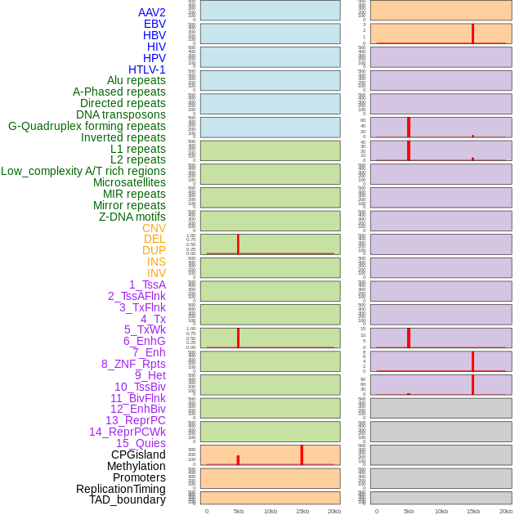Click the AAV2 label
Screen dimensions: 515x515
coord(151,12)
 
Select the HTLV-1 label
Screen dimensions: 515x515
coord(146,69)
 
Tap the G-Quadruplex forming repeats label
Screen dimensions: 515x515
coord(87,126)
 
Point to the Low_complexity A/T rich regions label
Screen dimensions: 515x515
coord(83,171)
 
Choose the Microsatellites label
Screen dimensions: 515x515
coord(129,182)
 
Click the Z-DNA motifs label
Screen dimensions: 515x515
coord(132,217)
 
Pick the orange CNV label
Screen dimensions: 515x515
coord(154,228)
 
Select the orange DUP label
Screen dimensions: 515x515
coord(154,250)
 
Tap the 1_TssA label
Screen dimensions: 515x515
coord(147,284)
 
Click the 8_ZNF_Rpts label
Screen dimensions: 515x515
coord(133,364)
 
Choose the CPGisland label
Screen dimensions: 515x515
coord(138,455)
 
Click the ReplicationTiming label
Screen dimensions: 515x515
coord(121,489)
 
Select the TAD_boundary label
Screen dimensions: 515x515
coord(128,499)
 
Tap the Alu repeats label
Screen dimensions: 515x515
coord(137,80)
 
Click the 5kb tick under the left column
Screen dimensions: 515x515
coord(238,511)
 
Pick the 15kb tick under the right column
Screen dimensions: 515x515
coord(472,511)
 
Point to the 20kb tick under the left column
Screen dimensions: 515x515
coord(334,511)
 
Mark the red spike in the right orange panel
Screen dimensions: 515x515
coord(472,34)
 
